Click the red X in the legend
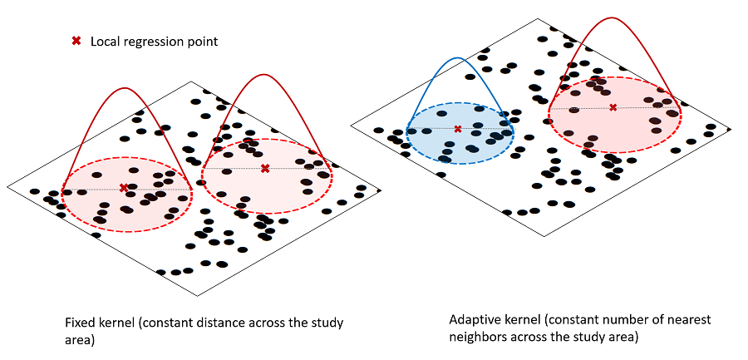[76, 41]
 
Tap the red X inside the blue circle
[458, 129]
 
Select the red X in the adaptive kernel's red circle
[613, 107]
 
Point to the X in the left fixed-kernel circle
[124, 188]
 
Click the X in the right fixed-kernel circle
[265, 169]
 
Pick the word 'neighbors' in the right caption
[476, 337]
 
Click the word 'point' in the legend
[203, 42]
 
